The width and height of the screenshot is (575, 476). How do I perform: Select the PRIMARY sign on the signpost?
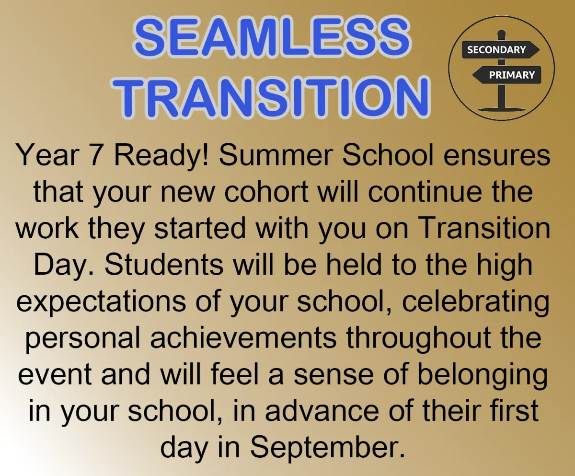pos(506,75)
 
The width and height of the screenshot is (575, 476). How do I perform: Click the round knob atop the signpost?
pos(502,34)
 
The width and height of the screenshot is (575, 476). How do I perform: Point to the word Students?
pos(164,265)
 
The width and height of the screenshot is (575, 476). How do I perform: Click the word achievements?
pos(243,338)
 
